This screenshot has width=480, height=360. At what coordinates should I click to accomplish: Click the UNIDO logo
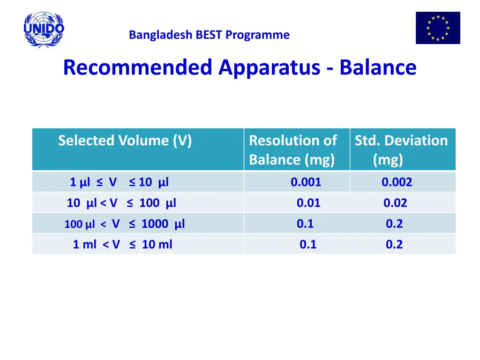coord(44,30)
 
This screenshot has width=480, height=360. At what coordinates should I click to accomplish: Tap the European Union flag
coord(438,28)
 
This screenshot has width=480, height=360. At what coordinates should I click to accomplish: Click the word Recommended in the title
coord(137,67)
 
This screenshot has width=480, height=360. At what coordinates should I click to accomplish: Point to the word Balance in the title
coord(378,67)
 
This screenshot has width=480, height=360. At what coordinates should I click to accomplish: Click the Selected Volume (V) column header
coord(125,141)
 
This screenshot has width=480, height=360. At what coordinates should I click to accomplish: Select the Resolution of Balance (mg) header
coord(292,150)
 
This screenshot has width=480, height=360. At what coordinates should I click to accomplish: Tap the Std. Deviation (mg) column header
coord(401,150)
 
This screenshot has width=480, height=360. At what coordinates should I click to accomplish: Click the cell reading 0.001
coord(306,182)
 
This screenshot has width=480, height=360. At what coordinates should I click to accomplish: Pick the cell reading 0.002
coord(397,182)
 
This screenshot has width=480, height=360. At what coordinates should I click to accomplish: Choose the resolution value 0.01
coord(308,203)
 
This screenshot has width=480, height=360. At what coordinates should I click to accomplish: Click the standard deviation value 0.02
coord(395,203)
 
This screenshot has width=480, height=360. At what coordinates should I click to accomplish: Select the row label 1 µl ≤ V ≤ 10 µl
coord(119,182)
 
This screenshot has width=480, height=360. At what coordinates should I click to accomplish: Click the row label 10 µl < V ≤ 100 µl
coord(121,203)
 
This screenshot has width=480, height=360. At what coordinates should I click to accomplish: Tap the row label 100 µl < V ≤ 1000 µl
coord(124,224)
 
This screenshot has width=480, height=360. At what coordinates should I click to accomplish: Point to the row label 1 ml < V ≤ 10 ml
coord(122,244)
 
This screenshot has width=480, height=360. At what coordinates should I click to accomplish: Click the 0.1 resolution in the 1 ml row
coord(308,244)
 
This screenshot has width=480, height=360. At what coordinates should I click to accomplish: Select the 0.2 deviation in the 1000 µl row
coord(394,224)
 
